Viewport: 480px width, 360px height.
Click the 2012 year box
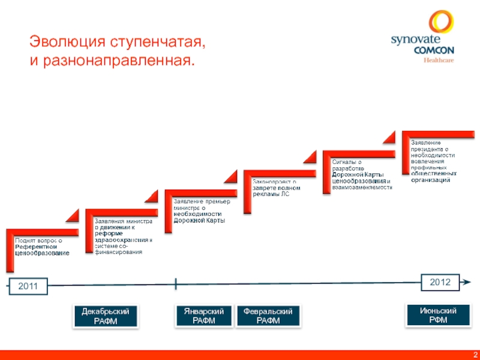[x=440, y=281]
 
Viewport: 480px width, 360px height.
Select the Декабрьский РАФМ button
[x=106, y=316]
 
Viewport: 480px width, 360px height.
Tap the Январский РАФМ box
[x=203, y=316]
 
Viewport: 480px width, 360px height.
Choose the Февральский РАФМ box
[x=268, y=316]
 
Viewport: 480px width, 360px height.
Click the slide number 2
[x=475, y=355]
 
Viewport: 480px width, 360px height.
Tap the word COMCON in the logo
[x=434, y=51]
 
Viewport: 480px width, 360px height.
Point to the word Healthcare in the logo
[x=439, y=60]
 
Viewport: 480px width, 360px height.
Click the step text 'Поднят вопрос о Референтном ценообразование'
[x=42, y=247]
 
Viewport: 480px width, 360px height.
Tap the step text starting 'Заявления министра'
[x=123, y=237]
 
